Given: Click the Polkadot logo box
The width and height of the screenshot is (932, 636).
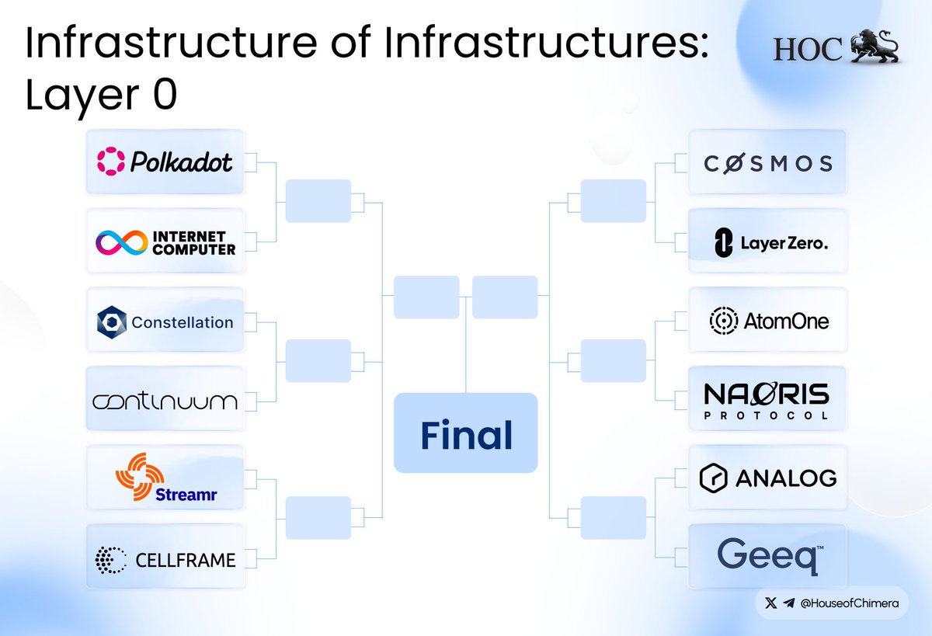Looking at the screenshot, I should (165, 162).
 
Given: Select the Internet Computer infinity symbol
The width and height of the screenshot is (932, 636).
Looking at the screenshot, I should (123, 243).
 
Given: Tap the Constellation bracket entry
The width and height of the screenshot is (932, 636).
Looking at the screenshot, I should (165, 321).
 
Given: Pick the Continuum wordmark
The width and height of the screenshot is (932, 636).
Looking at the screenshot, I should (165, 401).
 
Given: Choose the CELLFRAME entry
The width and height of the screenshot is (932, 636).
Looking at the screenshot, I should (165, 559).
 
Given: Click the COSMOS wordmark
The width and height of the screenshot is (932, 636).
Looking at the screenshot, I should (767, 163).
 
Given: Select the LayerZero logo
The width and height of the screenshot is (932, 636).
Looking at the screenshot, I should (767, 243).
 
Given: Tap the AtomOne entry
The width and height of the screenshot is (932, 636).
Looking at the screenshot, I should (767, 321).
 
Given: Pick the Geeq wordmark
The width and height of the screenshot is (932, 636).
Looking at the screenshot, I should (767, 556).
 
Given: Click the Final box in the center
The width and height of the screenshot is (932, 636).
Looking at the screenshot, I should (466, 433).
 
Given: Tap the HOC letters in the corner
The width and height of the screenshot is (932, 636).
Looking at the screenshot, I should (807, 50).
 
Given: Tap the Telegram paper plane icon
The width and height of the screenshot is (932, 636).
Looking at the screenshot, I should (789, 603).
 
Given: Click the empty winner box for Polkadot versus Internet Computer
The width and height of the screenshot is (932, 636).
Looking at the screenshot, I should (318, 201).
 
